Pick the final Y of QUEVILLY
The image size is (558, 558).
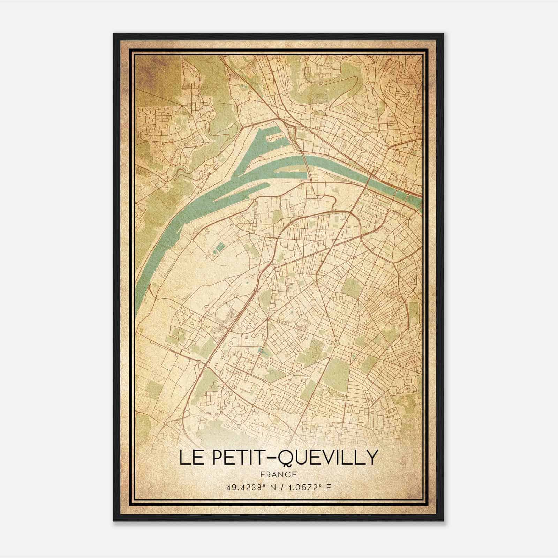click(372, 458)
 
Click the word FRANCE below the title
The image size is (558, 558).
click(279, 474)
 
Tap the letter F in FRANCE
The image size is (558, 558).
click(262, 474)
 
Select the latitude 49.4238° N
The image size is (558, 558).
click(248, 487)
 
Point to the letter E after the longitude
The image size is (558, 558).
click(329, 487)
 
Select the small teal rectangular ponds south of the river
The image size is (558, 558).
click(220, 248)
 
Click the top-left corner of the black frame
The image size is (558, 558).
click(113, 34)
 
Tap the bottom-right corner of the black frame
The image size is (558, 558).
click(443, 521)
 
